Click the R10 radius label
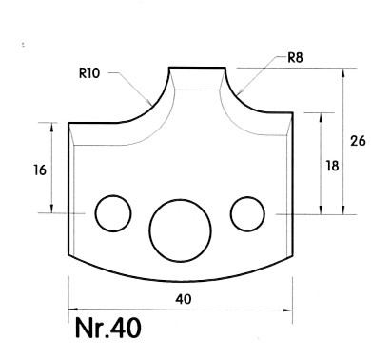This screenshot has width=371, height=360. [89, 73]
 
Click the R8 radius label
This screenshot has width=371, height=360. [295, 58]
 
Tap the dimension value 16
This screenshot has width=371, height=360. [40, 170]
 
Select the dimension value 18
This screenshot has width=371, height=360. [333, 166]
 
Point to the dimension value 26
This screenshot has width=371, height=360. [358, 141]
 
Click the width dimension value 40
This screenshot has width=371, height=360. [184, 299]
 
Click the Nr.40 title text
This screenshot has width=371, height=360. [108, 328]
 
